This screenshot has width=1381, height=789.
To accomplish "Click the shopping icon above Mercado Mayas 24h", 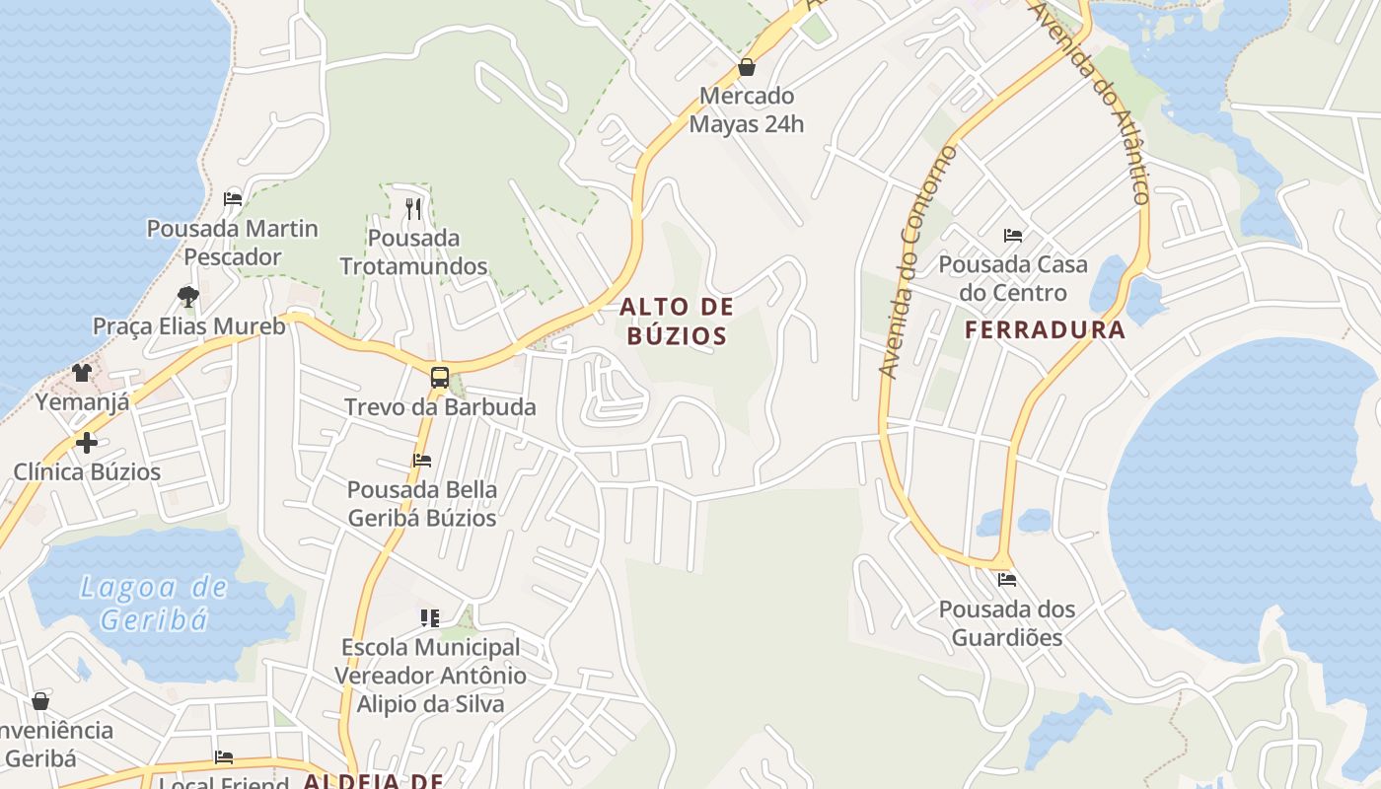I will (747, 68).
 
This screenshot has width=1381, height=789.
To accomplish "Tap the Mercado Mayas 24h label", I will (747, 110).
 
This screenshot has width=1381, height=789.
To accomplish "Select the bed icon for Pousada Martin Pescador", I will (233, 198).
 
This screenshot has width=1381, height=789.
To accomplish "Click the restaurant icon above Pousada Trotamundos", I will (413, 208).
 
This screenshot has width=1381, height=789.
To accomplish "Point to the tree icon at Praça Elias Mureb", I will (187, 296).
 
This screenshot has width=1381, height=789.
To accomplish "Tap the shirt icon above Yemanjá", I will (82, 373).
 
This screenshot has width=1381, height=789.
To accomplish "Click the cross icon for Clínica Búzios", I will (87, 443).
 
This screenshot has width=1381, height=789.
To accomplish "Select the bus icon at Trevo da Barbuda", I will (440, 377).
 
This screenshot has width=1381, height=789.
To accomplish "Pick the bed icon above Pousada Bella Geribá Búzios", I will (422, 460).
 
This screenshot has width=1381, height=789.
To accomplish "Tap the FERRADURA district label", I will (1045, 330).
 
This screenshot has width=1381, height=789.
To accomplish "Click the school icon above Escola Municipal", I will (430, 618).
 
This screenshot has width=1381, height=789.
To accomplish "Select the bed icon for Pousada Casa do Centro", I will (1013, 236).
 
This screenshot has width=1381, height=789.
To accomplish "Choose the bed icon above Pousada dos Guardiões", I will (1006, 580).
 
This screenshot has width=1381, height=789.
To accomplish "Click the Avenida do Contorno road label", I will (917, 262).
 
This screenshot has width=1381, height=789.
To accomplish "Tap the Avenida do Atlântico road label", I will (1090, 99).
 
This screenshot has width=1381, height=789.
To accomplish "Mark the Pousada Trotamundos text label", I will (413, 252).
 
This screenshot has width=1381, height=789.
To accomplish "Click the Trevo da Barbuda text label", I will (440, 407).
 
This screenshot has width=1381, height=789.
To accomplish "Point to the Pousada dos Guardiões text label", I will (1006, 623).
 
